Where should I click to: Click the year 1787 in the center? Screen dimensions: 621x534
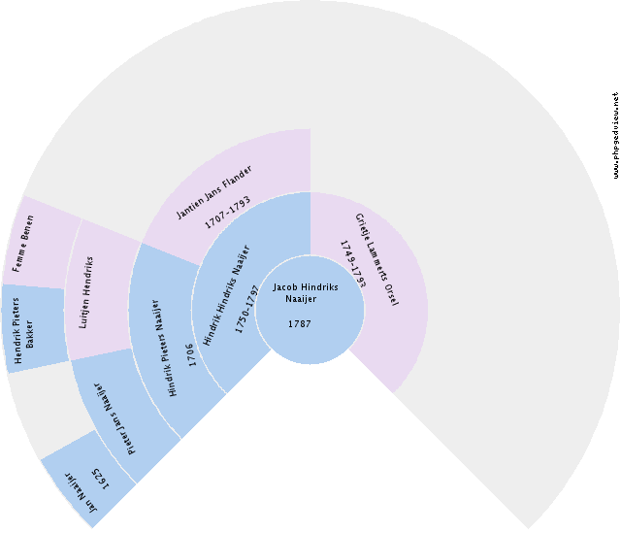click(x=300, y=323)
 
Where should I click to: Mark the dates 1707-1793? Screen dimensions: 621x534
click(x=228, y=213)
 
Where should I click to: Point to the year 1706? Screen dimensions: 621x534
click(x=192, y=353)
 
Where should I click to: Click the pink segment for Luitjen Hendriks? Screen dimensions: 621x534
click(x=97, y=291)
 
